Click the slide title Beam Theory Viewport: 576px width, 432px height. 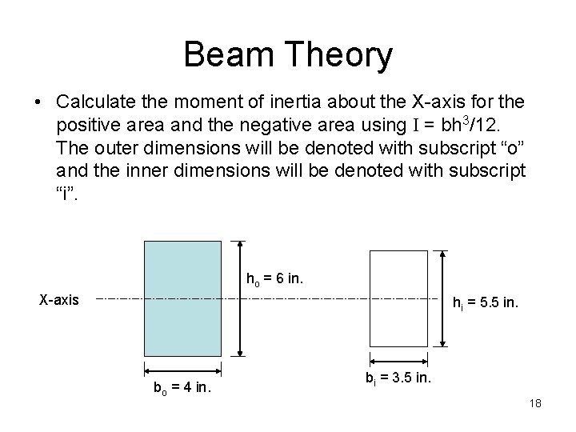pos(288,54)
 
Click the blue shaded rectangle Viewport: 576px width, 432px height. pos(182,298)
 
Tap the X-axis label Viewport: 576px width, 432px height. pos(60,300)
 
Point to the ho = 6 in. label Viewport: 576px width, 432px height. pos(274,279)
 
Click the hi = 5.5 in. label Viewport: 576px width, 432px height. pos(486,304)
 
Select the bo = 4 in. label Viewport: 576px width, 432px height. pos(182,390)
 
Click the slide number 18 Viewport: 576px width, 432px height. pos(535,403)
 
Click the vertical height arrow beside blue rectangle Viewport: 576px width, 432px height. pos(241,298)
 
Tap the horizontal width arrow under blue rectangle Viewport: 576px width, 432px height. pos(182,370)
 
